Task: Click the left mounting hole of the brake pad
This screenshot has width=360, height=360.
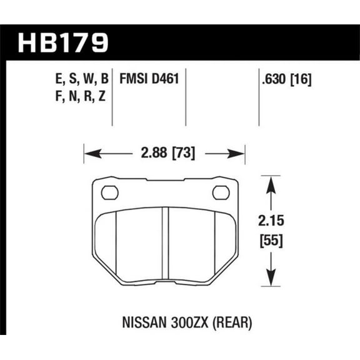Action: [x=109, y=192]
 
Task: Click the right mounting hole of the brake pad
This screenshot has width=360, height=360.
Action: [x=221, y=192]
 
